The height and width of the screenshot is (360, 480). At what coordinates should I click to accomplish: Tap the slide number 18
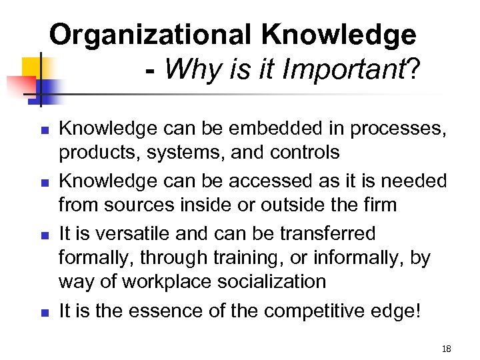(447, 348)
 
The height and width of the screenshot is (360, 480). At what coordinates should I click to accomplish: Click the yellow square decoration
(31, 67)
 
